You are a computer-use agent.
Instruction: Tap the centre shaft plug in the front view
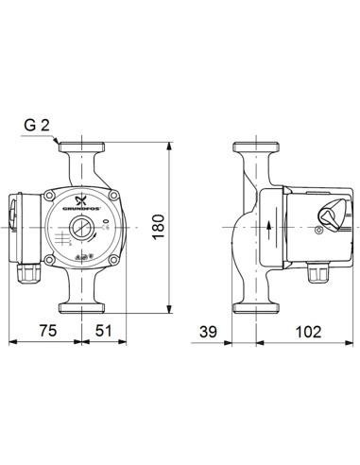click(80, 229)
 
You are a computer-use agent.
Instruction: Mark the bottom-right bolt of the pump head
click(111, 258)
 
